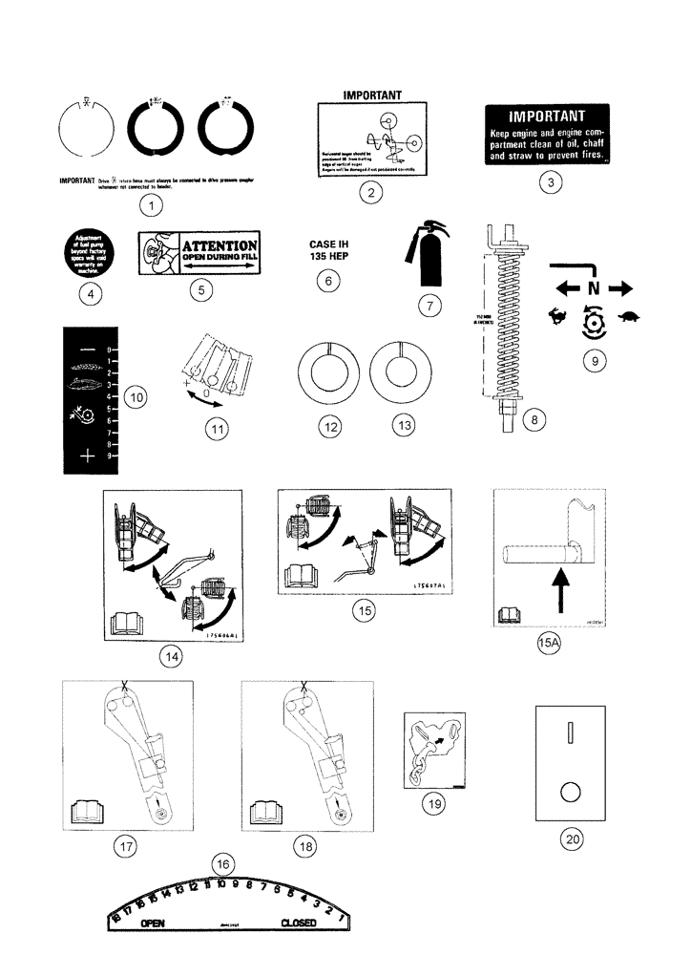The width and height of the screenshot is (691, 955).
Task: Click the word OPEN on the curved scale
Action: click(x=153, y=924)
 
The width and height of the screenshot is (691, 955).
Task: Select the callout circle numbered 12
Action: click(x=331, y=429)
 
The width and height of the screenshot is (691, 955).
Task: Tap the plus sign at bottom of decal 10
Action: click(x=88, y=456)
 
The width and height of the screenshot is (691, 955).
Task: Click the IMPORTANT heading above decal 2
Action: click(x=371, y=95)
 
